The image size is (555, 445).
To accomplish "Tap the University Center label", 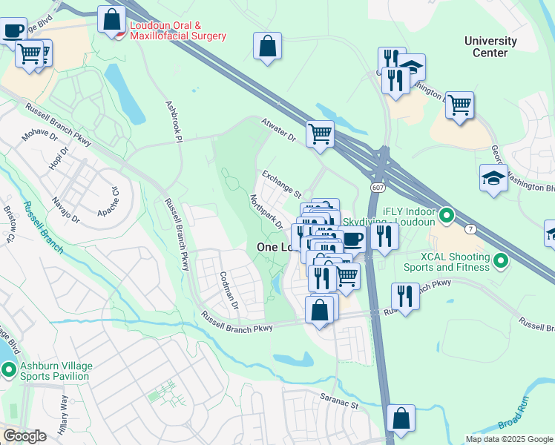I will pyautogui.click(x=490, y=47).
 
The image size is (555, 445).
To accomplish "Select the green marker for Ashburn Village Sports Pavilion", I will pyautogui.click(x=9, y=369).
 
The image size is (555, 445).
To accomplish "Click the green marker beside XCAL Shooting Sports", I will pyautogui.click(x=501, y=260).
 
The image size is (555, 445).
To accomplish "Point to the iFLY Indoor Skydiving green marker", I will pyautogui.click(x=446, y=216).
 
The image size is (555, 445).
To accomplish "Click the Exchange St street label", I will pyautogui.click(x=280, y=180).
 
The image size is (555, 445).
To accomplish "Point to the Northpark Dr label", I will pyautogui.click(x=266, y=212).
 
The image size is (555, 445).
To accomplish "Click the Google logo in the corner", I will pyautogui.click(x=24, y=436).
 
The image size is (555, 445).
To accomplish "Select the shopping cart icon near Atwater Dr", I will pyautogui.click(x=320, y=134).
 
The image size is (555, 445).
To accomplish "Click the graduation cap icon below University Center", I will pyautogui.click(x=493, y=179).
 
